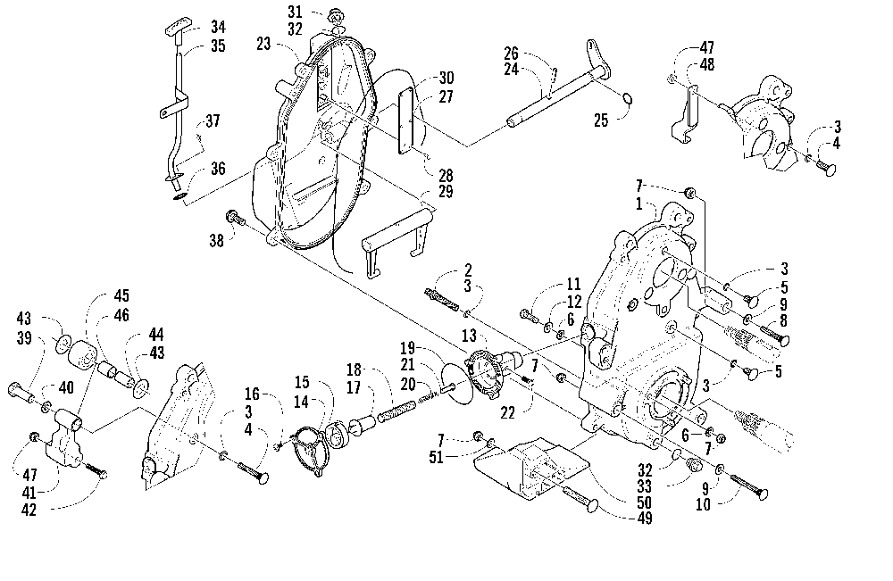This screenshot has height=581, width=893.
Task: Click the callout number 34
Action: tap(218, 27)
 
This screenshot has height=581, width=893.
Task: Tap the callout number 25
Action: tap(601, 120)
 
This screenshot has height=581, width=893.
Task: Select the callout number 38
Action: tap(216, 241)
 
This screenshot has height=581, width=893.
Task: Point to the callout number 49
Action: tap(644, 518)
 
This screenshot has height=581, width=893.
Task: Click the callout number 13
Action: tap(469, 336)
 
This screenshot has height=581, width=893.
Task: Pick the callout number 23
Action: tap(263, 44)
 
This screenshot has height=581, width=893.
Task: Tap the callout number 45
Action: tap(121, 296)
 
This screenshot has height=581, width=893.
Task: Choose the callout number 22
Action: tap(507, 412)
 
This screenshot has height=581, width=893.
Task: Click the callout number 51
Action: tap(437, 457)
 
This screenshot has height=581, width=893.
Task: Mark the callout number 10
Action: tap(704, 504)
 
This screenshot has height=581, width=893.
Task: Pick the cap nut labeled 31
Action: tap(334, 13)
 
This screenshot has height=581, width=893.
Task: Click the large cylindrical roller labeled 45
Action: tap(83, 355)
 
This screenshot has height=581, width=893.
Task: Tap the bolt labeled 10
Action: tap(748, 486)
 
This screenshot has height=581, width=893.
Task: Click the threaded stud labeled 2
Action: tap(441, 299)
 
